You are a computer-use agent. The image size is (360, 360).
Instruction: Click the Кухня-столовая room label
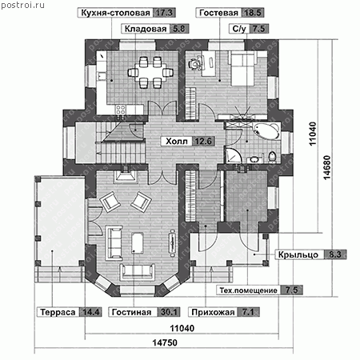115,13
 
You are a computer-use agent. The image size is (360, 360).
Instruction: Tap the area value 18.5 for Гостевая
253,13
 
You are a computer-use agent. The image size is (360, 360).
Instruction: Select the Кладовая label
146,29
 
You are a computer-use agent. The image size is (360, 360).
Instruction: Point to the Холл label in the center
177,141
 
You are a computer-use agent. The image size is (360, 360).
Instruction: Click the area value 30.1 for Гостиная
169,312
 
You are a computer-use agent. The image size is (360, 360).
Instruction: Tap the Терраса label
58,312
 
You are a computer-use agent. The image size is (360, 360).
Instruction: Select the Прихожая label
213,312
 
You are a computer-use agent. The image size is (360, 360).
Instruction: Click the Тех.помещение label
248,290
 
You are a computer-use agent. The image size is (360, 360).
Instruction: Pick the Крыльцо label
298,254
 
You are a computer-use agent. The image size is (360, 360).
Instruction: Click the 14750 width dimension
165,342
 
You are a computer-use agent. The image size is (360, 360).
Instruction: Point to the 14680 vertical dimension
327,167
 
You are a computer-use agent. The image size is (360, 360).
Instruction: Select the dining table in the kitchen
150,72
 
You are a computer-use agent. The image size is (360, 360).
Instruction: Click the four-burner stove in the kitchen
120,109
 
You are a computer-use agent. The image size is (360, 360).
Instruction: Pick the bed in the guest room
243,68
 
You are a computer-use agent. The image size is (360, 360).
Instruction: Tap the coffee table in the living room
138,243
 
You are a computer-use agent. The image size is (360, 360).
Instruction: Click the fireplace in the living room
125,176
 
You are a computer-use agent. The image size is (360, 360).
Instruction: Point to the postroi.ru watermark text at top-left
22,5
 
